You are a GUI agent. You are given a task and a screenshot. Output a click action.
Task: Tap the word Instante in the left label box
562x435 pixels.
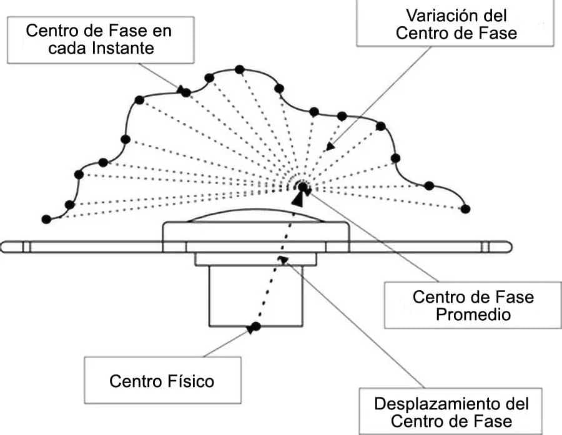(x=122, y=47)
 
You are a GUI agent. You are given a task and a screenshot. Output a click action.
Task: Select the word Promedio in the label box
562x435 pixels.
(x=473, y=315)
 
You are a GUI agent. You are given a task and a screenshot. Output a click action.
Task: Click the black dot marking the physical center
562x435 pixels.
(x=254, y=326)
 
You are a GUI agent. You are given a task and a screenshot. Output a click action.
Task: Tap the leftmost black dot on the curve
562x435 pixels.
(x=46, y=219)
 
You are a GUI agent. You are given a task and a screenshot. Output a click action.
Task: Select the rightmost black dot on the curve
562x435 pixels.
(x=465, y=209)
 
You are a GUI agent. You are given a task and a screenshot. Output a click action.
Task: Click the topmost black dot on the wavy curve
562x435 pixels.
(x=239, y=69)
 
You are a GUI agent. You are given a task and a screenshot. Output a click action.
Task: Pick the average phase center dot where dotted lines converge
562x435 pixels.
(x=302, y=186)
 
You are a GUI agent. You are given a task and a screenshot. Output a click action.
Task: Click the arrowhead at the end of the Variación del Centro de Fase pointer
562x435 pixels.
(x=329, y=147)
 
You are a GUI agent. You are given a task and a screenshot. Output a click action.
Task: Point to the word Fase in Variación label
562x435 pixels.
(x=498, y=32)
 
